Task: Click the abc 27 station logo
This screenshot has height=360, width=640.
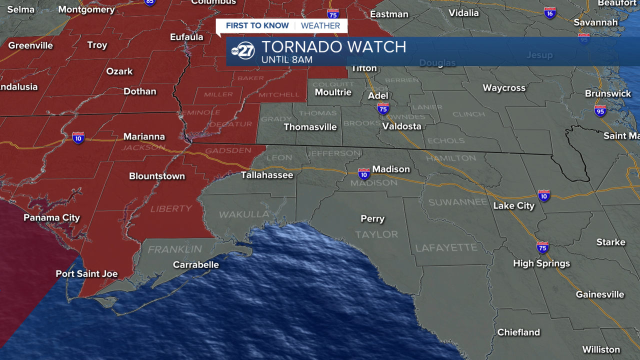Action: pyautogui.click(x=243, y=51)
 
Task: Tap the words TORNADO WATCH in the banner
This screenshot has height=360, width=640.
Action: pyautogui.click(x=333, y=47)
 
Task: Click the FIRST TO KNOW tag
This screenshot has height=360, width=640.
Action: pyautogui.click(x=257, y=25)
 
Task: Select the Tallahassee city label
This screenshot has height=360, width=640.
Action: pyautogui.click(x=267, y=175)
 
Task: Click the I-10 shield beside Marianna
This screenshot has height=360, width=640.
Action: pyautogui.click(x=78, y=138)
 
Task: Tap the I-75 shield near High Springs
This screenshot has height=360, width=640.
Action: pyautogui.click(x=542, y=247)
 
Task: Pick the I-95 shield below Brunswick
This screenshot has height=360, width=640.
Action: pyautogui.click(x=600, y=110)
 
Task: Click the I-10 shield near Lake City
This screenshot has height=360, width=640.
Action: pyautogui.click(x=544, y=195)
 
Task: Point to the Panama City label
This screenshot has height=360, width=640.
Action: pyautogui.click(x=51, y=218)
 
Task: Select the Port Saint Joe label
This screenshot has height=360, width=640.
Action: pyautogui.click(x=86, y=274)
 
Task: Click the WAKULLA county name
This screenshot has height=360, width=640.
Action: pyautogui.click(x=244, y=214)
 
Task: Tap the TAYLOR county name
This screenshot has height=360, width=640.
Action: pyautogui.click(x=376, y=234)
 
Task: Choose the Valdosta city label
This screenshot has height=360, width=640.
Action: pyautogui.click(x=401, y=126)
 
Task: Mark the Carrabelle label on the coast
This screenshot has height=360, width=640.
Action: pyautogui.click(x=195, y=264)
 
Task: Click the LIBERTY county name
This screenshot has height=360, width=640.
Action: pyautogui.click(x=171, y=208)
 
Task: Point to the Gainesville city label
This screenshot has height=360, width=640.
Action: pyautogui.click(x=599, y=294)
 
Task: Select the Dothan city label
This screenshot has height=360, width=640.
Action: pyautogui.click(x=140, y=91)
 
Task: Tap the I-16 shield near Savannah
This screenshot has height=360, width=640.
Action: pyautogui.click(x=550, y=13)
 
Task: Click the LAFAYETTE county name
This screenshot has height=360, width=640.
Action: pyautogui.click(x=446, y=247)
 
